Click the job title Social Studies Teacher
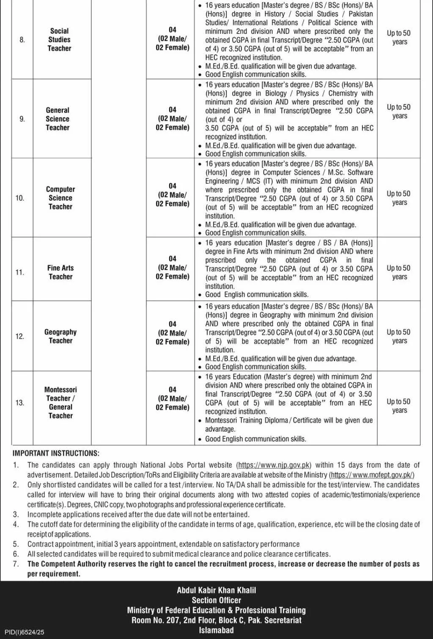(x=59, y=40)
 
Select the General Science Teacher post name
(x=58, y=119)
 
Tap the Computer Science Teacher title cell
(x=60, y=198)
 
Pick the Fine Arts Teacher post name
(x=60, y=272)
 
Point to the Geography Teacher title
(x=60, y=336)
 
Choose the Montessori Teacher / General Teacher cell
(x=60, y=403)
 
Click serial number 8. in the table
(x=22, y=40)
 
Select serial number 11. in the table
(x=20, y=272)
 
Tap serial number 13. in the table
(x=20, y=403)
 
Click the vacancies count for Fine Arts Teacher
(x=173, y=268)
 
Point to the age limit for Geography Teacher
(x=399, y=336)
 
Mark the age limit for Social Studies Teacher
(x=399, y=37)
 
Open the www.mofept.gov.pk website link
(x=372, y=475)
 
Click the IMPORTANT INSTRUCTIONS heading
(x=56, y=453)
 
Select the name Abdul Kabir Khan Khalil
(x=216, y=590)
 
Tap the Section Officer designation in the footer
(x=216, y=600)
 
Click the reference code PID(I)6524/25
(x=25, y=632)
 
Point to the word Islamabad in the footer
(x=216, y=630)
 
